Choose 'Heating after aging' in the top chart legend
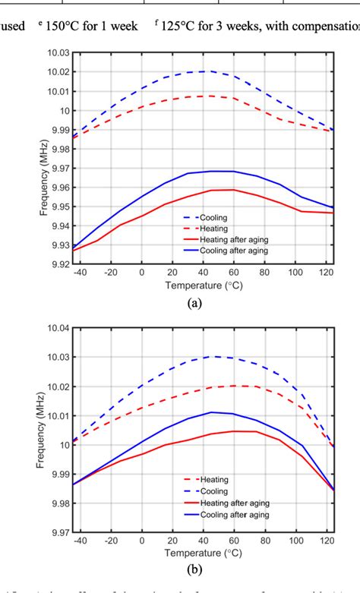(x=224, y=238)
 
